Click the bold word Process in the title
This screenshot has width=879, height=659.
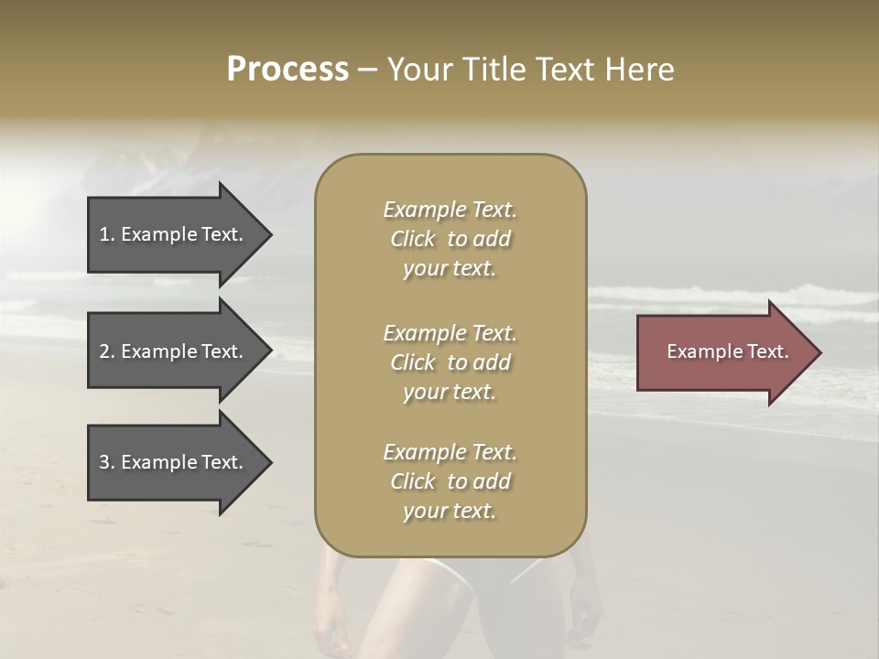[x=288, y=69]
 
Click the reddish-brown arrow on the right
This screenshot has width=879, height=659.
[x=723, y=351]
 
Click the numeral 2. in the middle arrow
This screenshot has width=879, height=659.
[x=107, y=351]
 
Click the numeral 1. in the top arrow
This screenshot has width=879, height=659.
[x=107, y=234]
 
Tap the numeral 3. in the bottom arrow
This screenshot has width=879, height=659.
[x=107, y=462]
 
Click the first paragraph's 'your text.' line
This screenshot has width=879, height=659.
[x=450, y=269]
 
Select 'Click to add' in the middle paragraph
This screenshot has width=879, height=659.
[x=450, y=362]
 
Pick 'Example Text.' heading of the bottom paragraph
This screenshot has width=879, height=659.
[x=450, y=452]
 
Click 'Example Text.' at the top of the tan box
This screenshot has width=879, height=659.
[x=450, y=210]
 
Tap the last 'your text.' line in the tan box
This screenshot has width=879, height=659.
[x=450, y=512]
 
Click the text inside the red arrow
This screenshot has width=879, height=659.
[x=727, y=351]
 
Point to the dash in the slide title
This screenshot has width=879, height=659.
[x=368, y=70]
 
